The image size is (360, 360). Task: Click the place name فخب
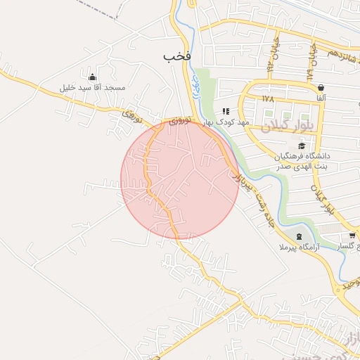tap(178, 55)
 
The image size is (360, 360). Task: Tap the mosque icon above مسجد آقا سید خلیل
tap(93, 77)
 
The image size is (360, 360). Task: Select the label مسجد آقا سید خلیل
tap(92, 88)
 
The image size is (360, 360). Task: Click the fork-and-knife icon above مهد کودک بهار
tap(226, 111)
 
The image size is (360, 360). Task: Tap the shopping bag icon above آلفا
tap(321, 87)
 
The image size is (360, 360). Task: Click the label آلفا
tap(321, 98)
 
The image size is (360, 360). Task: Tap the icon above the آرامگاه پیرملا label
tap(300, 236)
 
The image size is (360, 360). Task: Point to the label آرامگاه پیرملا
tap(300, 247)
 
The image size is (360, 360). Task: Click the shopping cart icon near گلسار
tap(352, 236)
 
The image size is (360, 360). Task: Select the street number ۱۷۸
tap(267, 99)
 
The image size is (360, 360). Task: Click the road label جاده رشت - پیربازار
tap(250, 194)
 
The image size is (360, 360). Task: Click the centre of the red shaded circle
tap(180, 180)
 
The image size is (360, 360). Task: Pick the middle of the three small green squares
tap(287, 116)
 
